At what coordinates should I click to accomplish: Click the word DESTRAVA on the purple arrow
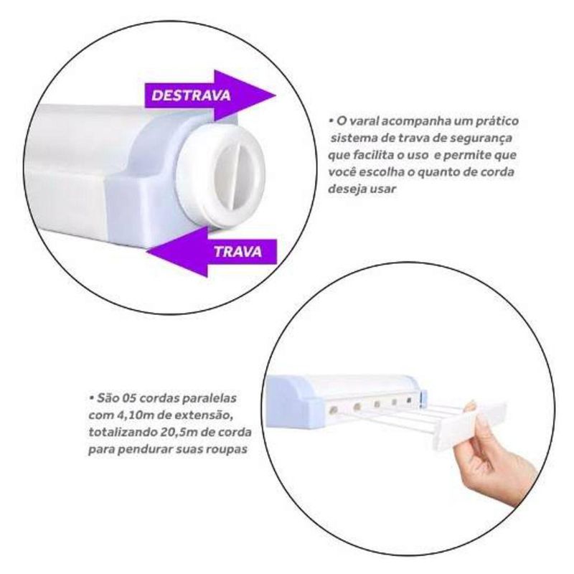pyautogui.click(x=191, y=95)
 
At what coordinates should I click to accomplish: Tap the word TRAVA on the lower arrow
pyautogui.click(x=238, y=252)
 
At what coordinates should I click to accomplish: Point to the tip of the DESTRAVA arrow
pyautogui.click(x=276, y=95)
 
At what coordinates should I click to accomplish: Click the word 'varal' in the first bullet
pyautogui.click(x=364, y=121)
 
